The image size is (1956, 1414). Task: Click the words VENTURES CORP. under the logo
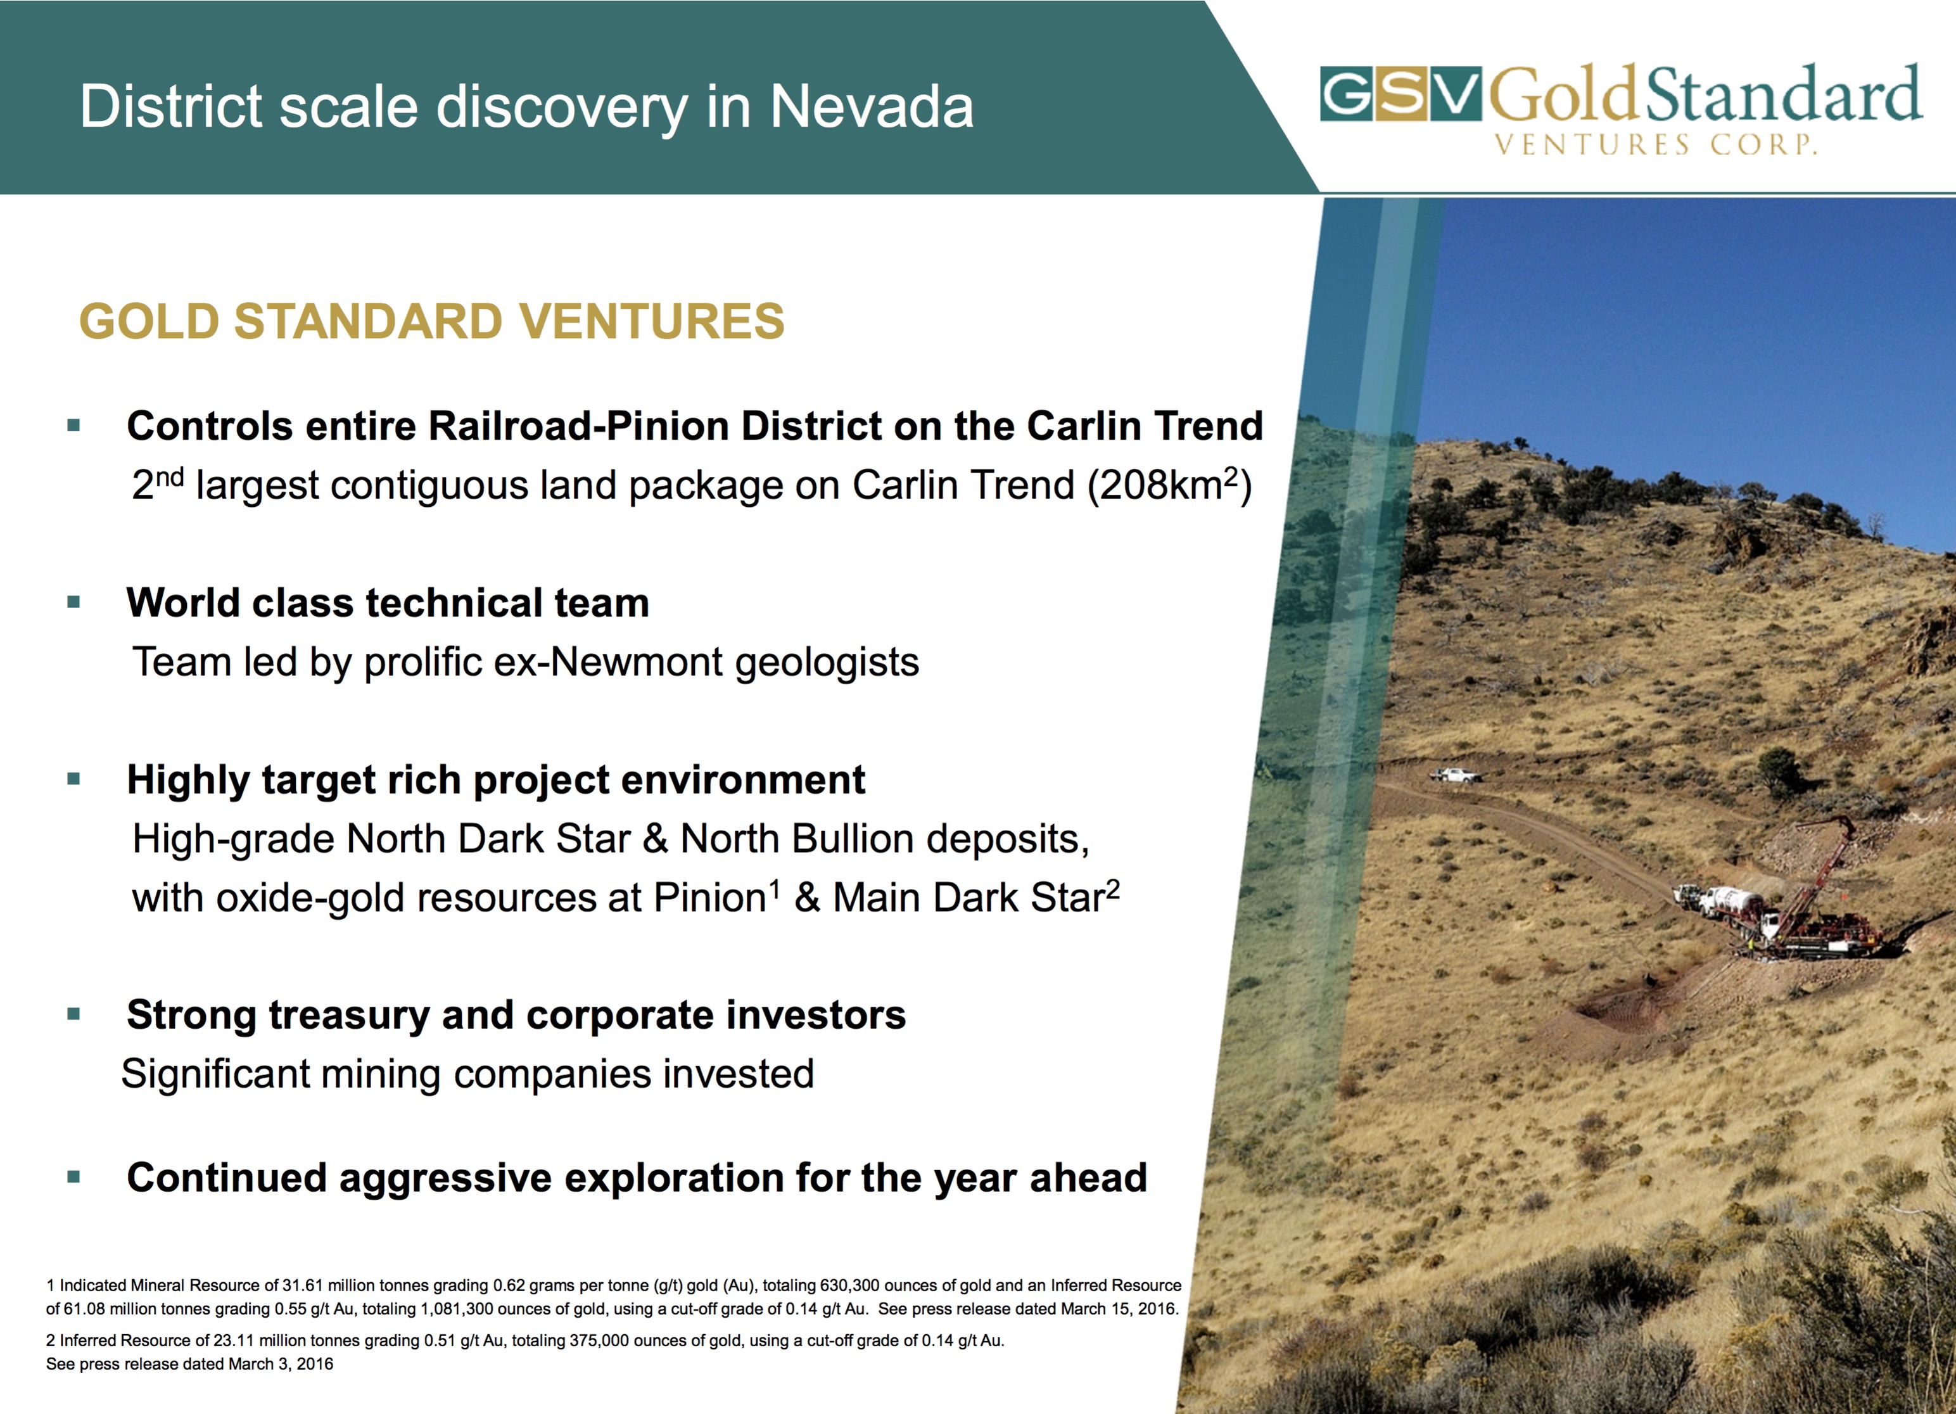coord(1656,144)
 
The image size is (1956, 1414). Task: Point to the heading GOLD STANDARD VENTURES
coord(432,321)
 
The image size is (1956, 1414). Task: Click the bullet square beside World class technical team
coord(73,602)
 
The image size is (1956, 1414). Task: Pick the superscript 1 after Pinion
coord(775,889)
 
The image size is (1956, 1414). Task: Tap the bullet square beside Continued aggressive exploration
coord(73,1177)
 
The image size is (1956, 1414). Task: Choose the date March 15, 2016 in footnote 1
coord(1119,1309)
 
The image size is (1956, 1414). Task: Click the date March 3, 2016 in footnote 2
coord(281,1364)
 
